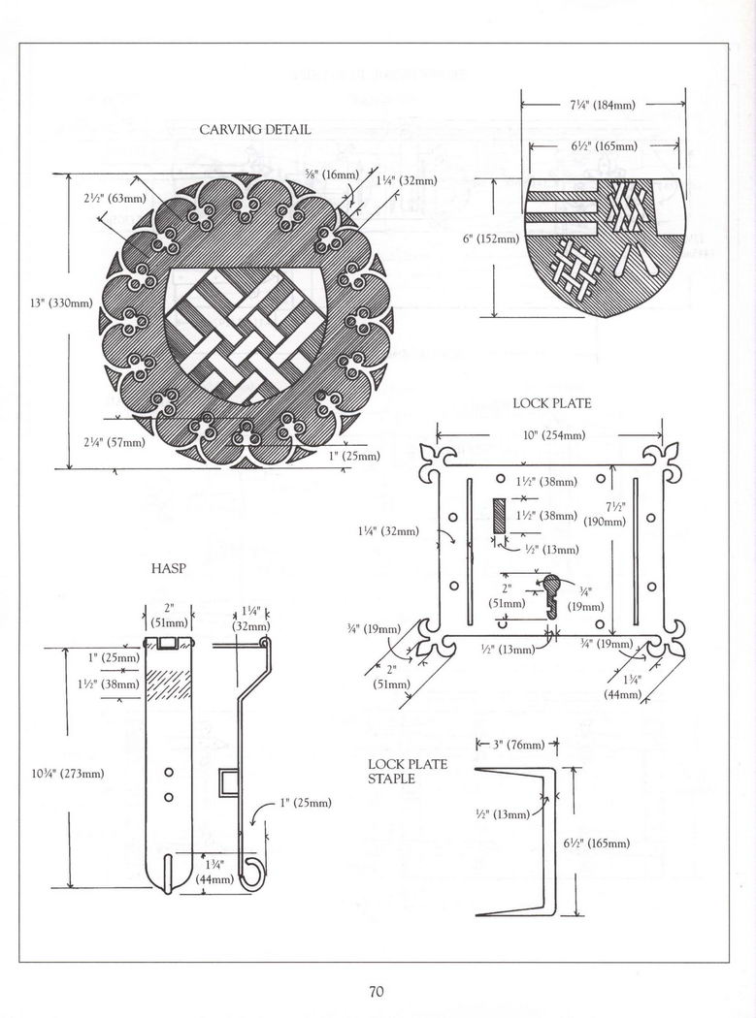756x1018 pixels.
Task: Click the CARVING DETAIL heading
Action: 255,130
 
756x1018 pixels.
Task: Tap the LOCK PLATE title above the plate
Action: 551,403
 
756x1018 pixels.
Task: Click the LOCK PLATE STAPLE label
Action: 407,771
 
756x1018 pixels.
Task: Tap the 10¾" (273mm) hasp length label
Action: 68,773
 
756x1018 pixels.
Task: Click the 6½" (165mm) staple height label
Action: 597,843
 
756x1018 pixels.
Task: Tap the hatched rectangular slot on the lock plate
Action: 500,515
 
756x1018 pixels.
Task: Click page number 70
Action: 378,991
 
